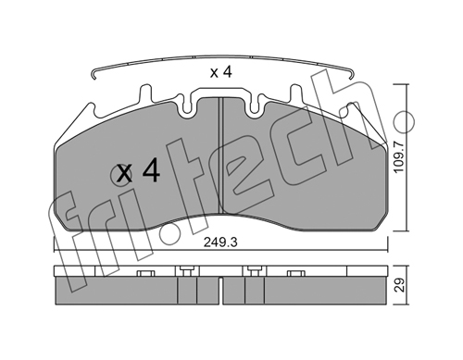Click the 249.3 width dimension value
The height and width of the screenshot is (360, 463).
coord(220,242)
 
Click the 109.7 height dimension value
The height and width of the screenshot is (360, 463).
coord(399,157)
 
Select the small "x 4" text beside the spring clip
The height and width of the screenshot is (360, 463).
coord(220,72)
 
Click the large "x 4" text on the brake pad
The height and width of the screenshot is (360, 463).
coord(139,173)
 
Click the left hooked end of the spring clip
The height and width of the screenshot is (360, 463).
coord(94,75)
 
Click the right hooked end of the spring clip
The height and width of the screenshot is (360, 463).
coord(352,73)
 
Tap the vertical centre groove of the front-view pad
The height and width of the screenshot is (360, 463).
coord(220,155)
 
